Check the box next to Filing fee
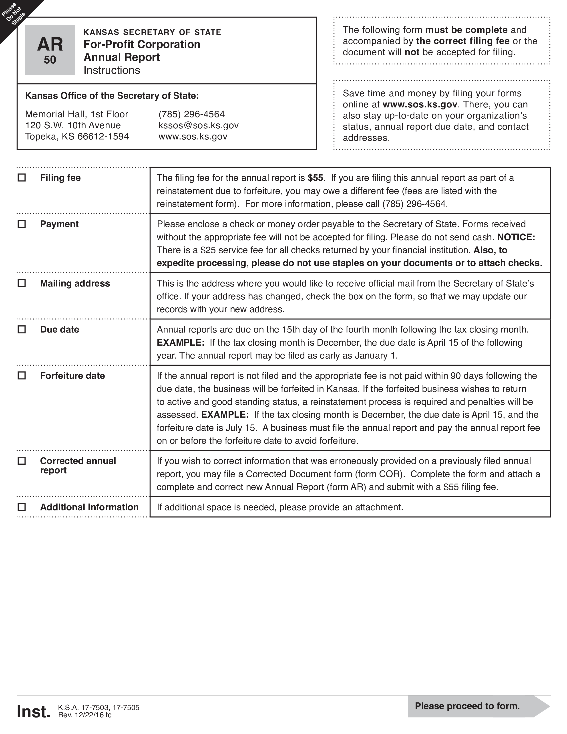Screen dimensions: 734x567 [x=22, y=177]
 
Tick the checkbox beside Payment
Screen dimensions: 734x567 [x=22, y=224]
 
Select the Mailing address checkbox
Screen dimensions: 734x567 [x=22, y=283]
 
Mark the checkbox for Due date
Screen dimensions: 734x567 [x=22, y=329]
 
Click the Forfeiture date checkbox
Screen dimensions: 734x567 [x=22, y=375]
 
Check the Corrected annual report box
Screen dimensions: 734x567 [x=22, y=461]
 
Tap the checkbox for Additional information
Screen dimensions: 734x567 [x=22, y=507]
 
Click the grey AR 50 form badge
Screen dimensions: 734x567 [x=50, y=50]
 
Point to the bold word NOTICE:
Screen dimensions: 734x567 [x=516, y=237]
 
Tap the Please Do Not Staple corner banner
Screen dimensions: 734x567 [x=14, y=14]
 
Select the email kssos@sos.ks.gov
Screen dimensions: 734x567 [x=199, y=125]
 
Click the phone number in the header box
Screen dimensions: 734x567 [x=191, y=114]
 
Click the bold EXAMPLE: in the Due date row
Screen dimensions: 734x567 [x=180, y=343]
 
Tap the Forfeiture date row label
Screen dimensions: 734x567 [x=72, y=376]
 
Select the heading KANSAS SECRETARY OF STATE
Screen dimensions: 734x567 [x=152, y=32]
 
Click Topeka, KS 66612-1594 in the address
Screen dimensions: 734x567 [x=77, y=136]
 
